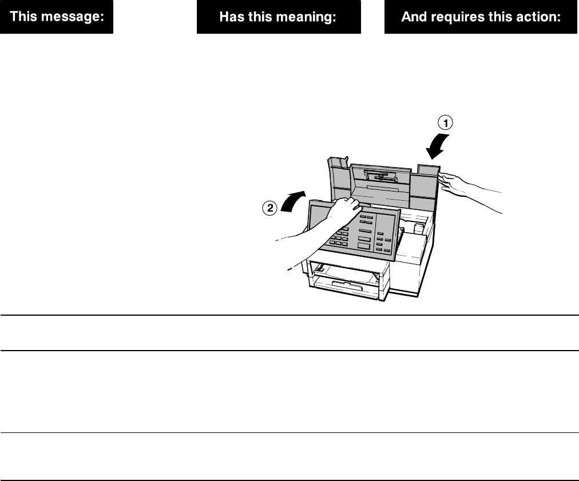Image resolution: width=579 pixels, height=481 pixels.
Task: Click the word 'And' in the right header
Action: click(412, 17)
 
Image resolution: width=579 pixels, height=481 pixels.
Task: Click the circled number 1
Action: click(445, 121)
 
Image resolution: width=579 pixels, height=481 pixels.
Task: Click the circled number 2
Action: click(268, 208)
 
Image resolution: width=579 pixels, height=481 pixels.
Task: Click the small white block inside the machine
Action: click(419, 229)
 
